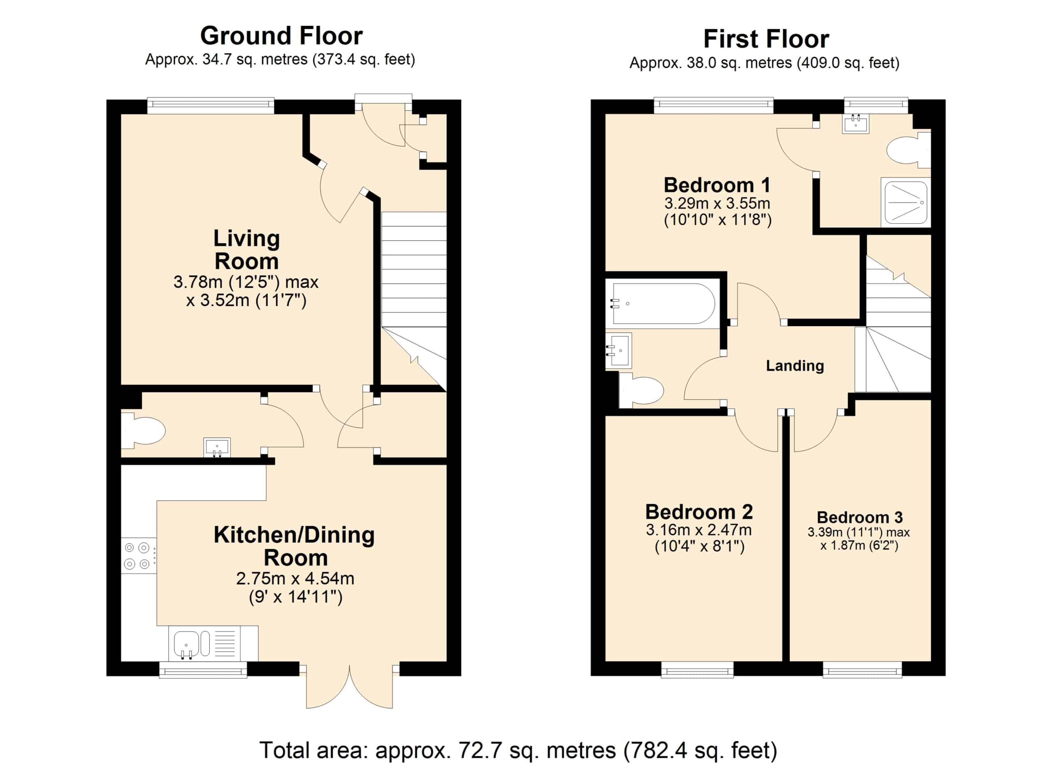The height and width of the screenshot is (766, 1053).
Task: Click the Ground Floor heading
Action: coord(281,36)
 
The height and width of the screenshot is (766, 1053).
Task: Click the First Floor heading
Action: coord(766,39)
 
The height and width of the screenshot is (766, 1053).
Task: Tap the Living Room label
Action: coord(246,250)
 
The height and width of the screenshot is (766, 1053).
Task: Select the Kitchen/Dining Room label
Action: coord(295,546)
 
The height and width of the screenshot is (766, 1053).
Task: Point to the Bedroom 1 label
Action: coord(717,185)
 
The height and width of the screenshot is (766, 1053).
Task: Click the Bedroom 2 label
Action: coord(699,512)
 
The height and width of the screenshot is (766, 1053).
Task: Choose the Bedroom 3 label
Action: coord(859,517)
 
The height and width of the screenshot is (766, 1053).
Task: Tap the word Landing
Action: coord(795,366)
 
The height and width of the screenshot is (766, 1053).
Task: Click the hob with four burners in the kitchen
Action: coord(139,556)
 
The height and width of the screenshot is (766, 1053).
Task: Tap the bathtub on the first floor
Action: coord(663,304)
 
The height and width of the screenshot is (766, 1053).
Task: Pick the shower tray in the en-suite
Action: coord(906,202)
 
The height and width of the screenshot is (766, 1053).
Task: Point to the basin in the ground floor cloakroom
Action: coord(217,448)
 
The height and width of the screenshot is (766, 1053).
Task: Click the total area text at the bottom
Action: coord(518,750)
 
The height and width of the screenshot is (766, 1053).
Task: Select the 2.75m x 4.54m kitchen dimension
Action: coord(295,578)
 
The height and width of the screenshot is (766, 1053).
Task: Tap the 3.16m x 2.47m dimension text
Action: coord(699,530)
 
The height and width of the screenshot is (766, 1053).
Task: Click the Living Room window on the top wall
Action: coord(211,105)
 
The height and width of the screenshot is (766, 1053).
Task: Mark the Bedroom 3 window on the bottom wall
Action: coord(862,669)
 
